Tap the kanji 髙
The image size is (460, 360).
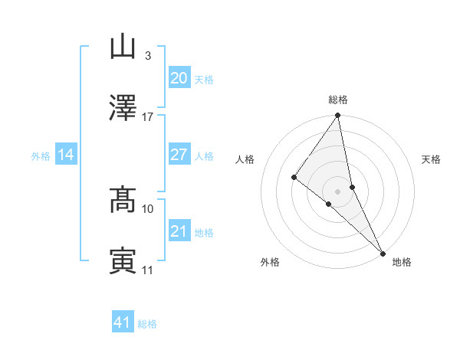123,200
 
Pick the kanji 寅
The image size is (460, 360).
123,261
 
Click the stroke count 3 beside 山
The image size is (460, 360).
147,56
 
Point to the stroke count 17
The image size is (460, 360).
147,117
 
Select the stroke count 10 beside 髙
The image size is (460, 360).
148,208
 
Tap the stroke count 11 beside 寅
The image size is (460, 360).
148,270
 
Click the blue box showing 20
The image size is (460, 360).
179,78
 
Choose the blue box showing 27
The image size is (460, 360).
179,155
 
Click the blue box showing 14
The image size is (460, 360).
66,155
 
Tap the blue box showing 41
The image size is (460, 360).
123,322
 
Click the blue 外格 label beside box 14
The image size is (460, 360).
41,156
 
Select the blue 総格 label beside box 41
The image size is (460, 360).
147,324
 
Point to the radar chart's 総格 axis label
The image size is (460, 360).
338,100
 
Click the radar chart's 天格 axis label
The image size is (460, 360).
431,159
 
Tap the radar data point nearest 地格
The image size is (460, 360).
383,252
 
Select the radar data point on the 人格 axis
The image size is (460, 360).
294,177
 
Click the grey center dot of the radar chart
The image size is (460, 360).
338,191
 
